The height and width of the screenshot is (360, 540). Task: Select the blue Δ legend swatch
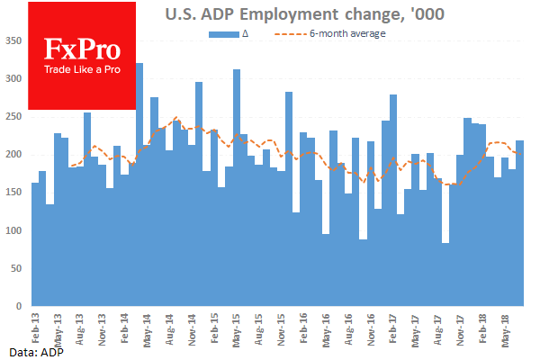(222, 34)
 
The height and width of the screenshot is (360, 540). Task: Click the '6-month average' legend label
(347, 33)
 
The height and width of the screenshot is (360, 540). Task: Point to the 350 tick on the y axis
(14, 41)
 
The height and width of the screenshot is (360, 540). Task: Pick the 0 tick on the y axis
(21, 307)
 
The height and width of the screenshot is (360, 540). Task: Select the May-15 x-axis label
(236, 325)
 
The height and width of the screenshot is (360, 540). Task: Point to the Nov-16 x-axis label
(370, 325)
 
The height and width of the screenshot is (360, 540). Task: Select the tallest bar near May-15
(237, 188)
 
